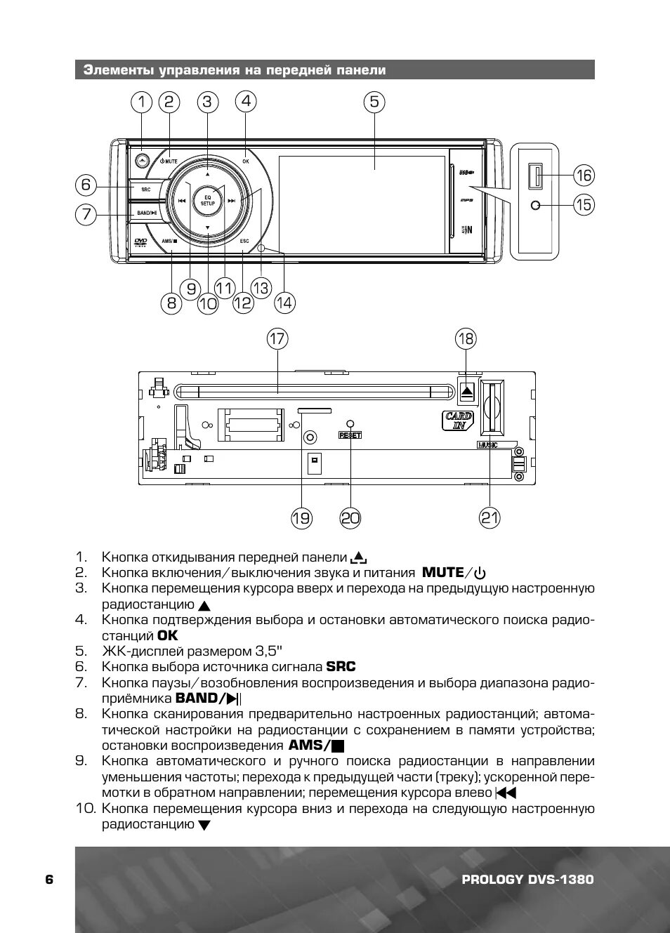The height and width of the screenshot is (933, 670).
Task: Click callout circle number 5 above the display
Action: click(374, 102)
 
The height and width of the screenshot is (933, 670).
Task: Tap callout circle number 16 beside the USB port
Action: click(584, 175)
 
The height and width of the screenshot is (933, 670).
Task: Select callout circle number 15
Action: click(584, 204)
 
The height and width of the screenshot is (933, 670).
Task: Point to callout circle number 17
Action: click(277, 339)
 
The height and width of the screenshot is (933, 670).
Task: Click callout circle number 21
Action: click(490, 518)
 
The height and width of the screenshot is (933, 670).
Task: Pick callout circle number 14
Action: click(284, 303)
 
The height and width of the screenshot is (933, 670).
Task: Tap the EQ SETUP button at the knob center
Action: click(208, 200)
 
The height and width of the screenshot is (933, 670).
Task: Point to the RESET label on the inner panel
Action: click(350, 435)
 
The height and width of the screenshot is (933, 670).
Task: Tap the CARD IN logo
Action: click(458, 421)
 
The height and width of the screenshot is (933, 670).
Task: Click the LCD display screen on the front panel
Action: click(362, 204)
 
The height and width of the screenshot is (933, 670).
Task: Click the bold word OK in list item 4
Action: click(168, 635)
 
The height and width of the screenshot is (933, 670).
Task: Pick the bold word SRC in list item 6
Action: click(341, 667)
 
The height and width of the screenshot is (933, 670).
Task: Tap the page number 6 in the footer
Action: click(49, 880)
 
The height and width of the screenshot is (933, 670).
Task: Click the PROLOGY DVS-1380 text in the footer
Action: click(527, 880)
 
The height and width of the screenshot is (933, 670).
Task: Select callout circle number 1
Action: click(142, 102)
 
